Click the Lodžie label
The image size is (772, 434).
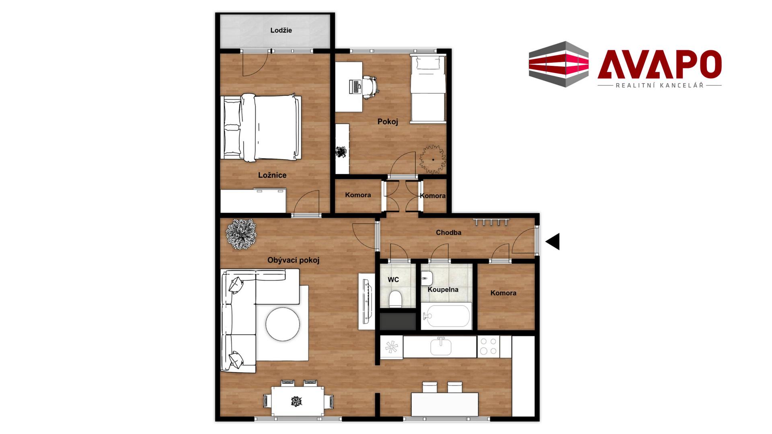(281, 31)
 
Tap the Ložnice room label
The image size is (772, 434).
(272, 175)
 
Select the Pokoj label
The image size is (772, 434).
(388, 122)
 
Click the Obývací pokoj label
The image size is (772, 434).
(294, 260)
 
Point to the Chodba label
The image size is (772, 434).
(448, 233)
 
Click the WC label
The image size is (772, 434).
(393, 280)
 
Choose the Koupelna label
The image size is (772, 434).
(443, 290)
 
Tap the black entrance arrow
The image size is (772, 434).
(553, 242)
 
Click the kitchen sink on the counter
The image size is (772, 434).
(441, 346)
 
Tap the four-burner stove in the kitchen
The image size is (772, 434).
(489, 346)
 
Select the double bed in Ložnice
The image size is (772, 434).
(261, 128)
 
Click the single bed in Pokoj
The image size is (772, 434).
(428, 89)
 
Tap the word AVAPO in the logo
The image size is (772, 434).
(659, 64)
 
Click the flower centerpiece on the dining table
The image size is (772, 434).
(296, 401)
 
